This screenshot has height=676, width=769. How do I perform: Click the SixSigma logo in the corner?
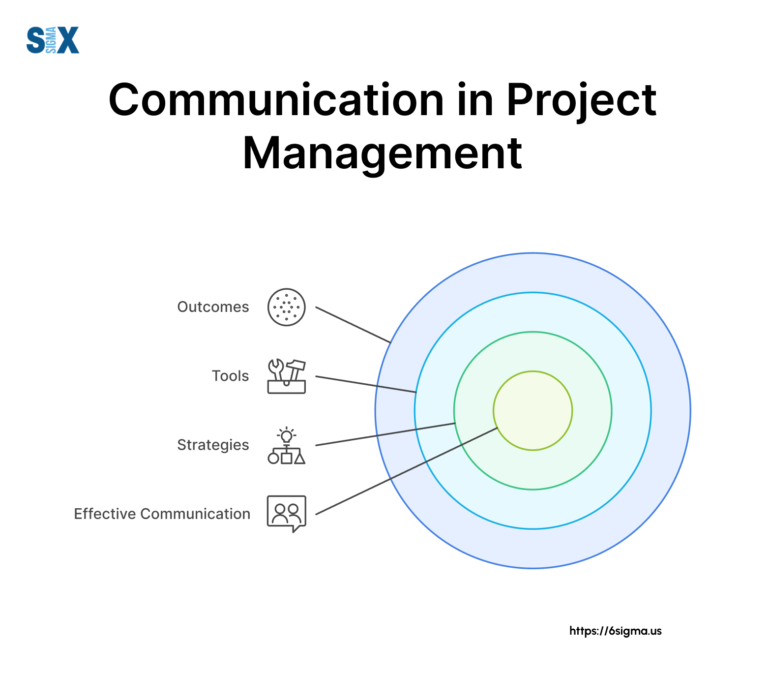click(x=53, y=40)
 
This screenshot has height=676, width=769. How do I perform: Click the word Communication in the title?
click(x=276, y=100)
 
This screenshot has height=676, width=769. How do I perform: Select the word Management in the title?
click(x=383, y=154)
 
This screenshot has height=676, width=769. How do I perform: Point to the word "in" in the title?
click(x=475, y=100)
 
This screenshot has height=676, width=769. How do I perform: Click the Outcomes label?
click(x=213, y=307)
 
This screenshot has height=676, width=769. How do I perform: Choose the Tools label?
click(x=230, y=376)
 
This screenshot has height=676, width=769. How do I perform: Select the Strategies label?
click(x=213, y=445)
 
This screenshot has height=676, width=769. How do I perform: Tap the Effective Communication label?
click(x=162, y=514)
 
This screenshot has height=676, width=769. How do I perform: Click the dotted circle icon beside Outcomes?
click(x=287, y=307)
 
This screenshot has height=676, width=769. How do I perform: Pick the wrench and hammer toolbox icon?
click(x=287, y=376)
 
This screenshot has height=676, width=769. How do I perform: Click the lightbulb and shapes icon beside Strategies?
click(x=287, y=445)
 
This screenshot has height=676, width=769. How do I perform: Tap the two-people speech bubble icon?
click(x=287, y=514)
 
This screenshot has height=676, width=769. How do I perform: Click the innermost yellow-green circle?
click(x=533, y=410)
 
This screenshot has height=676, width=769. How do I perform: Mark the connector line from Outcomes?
click(x=353, y=325)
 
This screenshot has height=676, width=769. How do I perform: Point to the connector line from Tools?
click(x=366, y=384)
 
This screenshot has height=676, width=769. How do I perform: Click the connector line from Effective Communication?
click(x=407, y=471)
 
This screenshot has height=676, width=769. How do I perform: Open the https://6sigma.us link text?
click(x=616, y=631)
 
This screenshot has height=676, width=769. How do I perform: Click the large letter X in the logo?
click(x=68, y=40)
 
